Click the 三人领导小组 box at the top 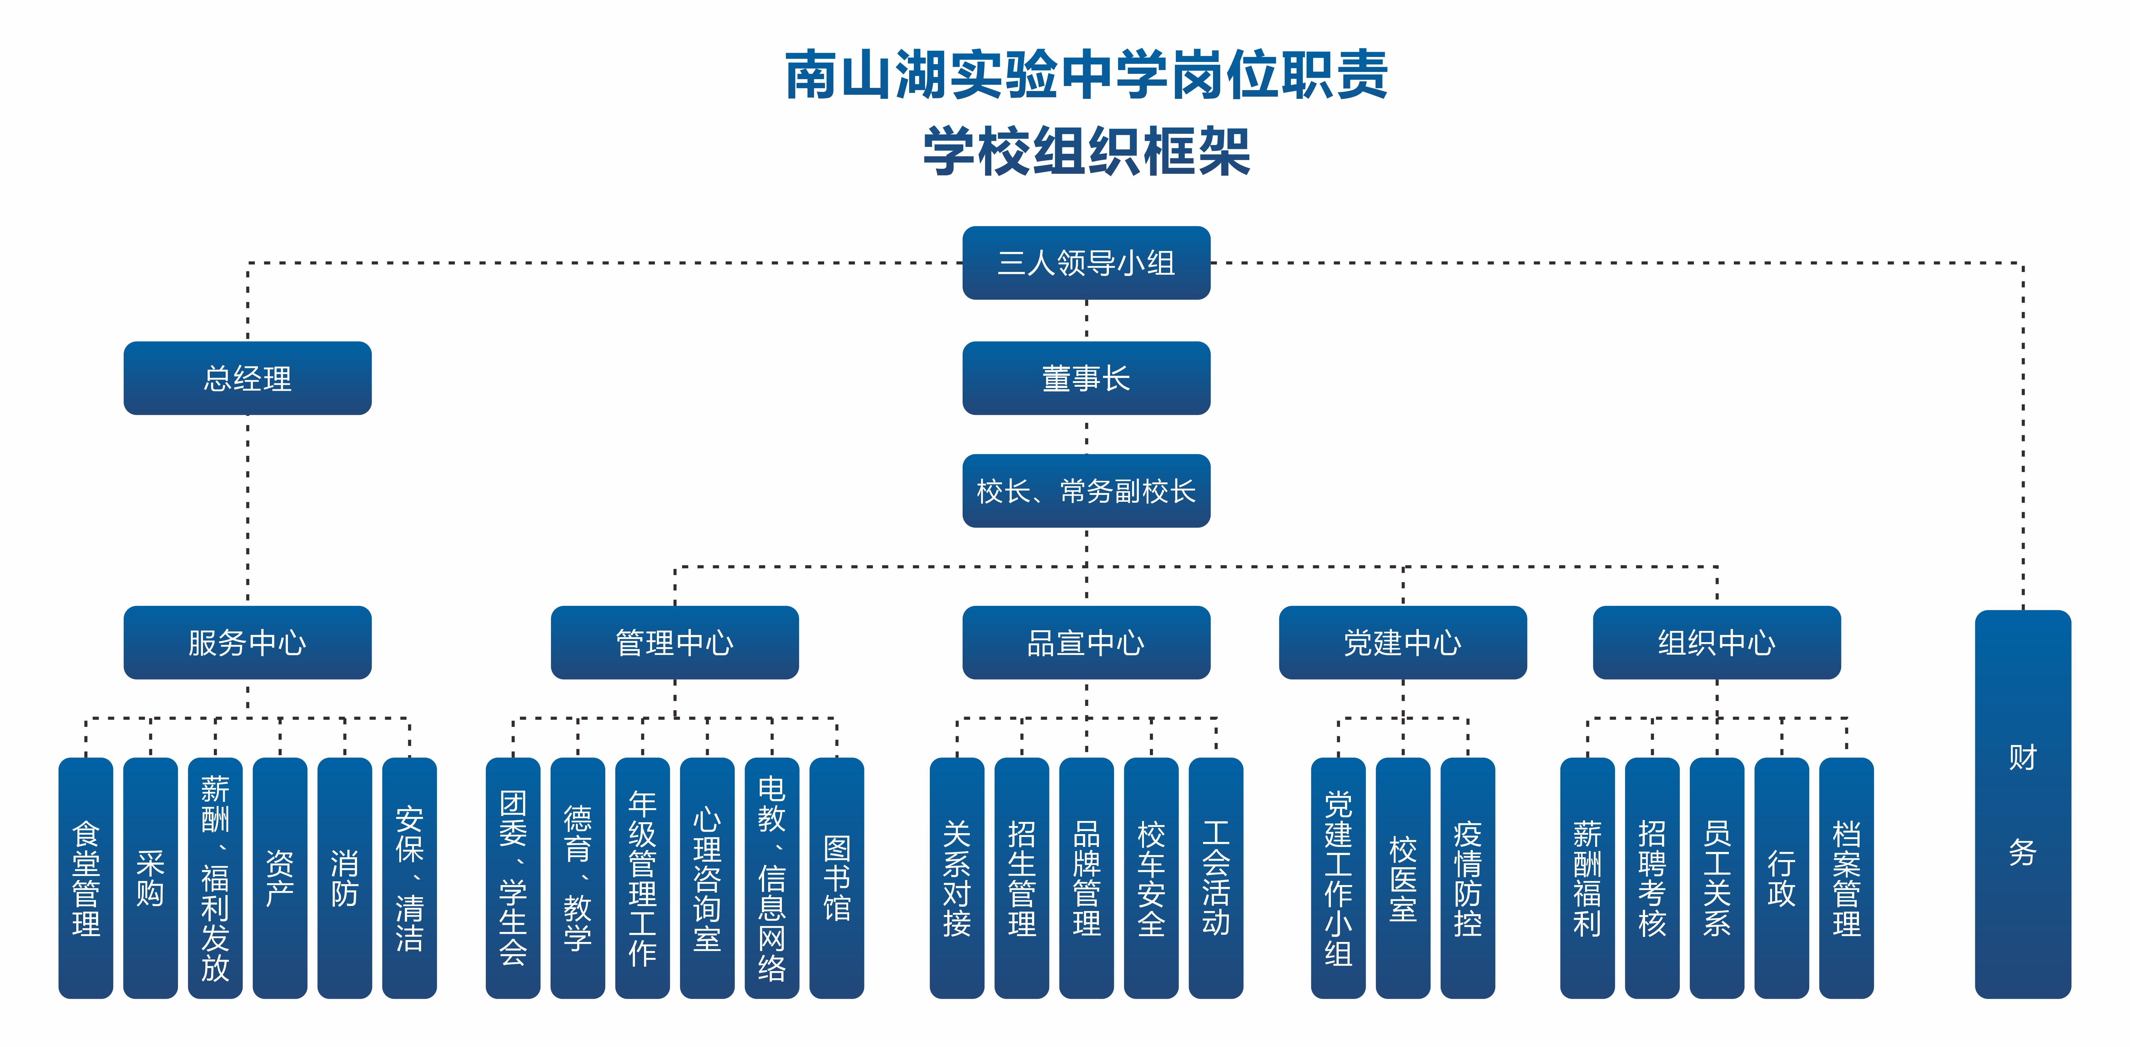point(1086,263)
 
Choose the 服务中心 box point(247,642)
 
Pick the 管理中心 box point(675,642)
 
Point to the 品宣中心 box point(1086,642)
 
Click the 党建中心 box point(1402,642)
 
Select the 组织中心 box point(1717,642)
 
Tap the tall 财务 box point(2022,804)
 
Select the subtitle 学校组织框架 point(1086,151)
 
